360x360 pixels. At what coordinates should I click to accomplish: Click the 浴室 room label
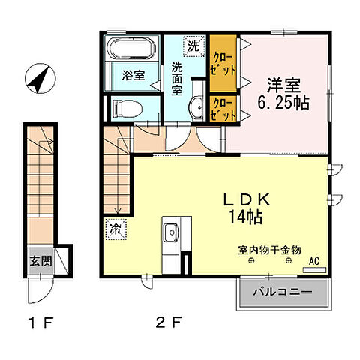point(133,75)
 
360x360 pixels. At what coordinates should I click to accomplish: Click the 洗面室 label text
point(177,76)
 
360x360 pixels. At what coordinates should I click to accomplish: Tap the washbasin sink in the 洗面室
point(196,108)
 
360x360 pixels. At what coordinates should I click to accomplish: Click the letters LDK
point(244,201)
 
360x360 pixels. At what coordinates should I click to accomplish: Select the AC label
point(314,261)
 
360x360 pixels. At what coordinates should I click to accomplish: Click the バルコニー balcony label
point(282,291)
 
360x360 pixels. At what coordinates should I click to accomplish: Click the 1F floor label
point(40,325)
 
